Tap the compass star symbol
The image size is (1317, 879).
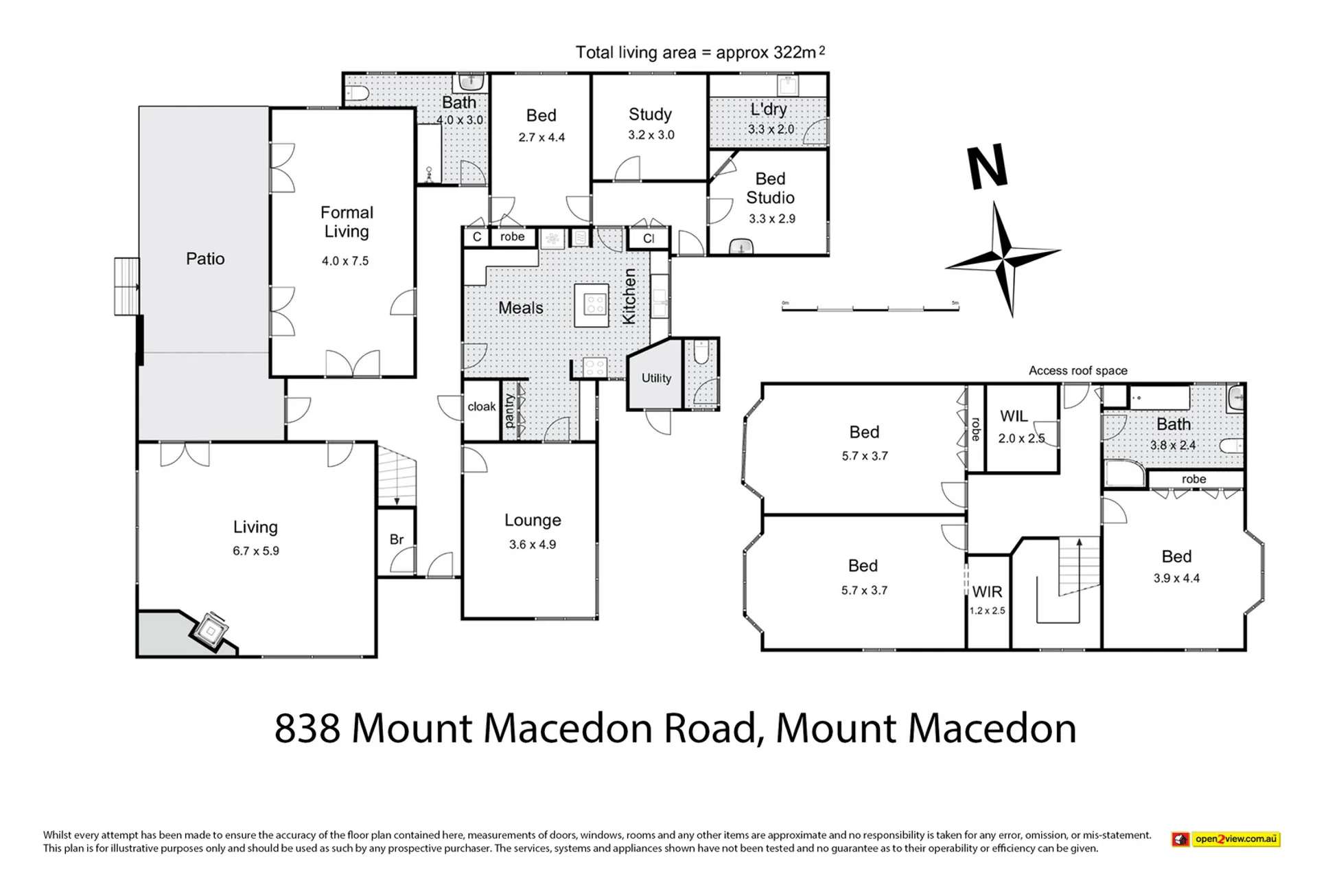pyautogui.click(x=1003, y=259)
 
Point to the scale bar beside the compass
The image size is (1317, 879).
pyautogui.click(x=870, y=309)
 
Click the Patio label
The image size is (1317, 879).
pyautogui.click(x=205, y=258)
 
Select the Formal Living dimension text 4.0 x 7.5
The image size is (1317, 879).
pyautogui.click(x=345, y=261)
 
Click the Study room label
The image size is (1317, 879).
pyautogui.click(x=650, y=114)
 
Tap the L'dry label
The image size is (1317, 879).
pyautogui.click(x=769, y=109)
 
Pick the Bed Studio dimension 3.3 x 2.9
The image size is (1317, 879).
pyautogui.click(x=772, y=218)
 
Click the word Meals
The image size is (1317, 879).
pyautogui.click(x=521, y=308)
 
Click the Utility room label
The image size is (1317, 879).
pyautogui.click(x=656, y=378)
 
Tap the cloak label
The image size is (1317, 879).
pyautogui.click(x=482, y=407)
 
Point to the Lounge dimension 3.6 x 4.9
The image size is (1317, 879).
pyautogui.click(x=533, y=545)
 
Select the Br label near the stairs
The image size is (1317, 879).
pyautogui.click(x=397, y=540)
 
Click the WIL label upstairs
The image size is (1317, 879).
pyautogui.click(x=1014, y=416)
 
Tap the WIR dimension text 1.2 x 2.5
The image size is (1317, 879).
pyautogui.click(x=987, y=610)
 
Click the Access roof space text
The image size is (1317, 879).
pyautogui.click(x=1077, y=371)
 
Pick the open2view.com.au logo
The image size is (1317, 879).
pyautogui.click(x=1226, y=838)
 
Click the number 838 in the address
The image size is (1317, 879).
pyautogui.click(x=307, y=729)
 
